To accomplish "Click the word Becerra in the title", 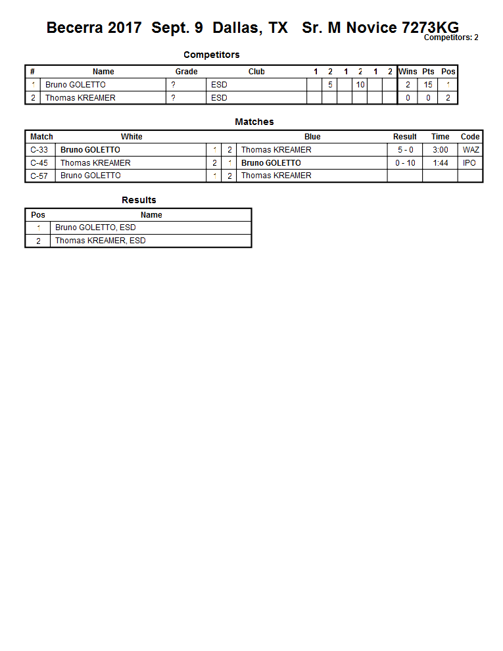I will pos(74,28).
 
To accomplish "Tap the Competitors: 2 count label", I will pos(450,37).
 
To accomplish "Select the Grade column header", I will pos(186,72).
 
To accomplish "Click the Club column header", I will pos(256,72).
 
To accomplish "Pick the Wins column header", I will pos(408,72).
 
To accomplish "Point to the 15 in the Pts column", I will pos(428,85).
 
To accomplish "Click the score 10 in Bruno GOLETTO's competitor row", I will pos(360,85).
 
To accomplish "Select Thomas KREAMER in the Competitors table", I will pos(80,98).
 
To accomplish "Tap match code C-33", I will pos(39,150).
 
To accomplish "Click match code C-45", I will pos(39,163).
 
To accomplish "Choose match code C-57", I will pos(39,176).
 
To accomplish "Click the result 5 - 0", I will pos(405,150).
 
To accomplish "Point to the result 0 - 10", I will pos(405,163).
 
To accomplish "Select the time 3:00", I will pos(441,150).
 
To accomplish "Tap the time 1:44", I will pos(441,163).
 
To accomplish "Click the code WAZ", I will pos(471,150).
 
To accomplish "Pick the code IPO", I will pos(469,163).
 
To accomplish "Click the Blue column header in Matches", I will pos(312,137).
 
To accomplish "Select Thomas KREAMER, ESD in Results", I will pos(100,241).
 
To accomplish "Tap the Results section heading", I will pos(139,200).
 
